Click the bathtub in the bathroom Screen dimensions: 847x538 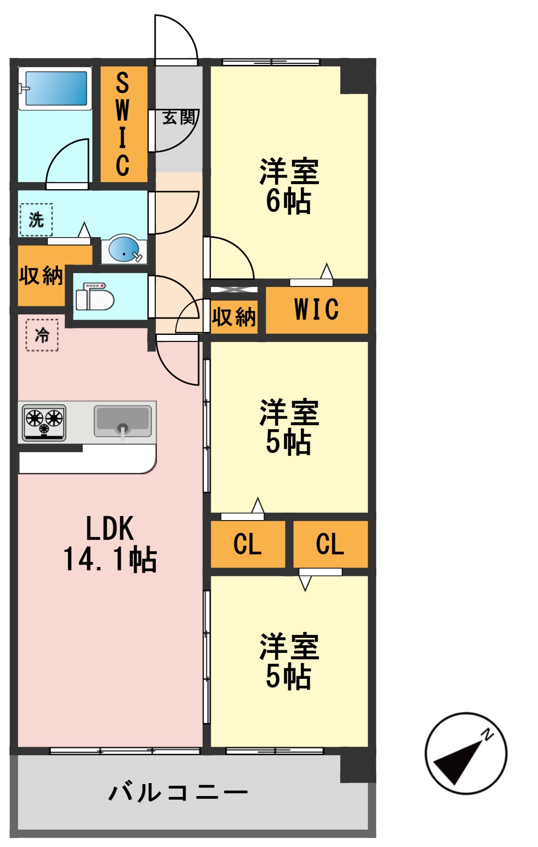coord(55,88)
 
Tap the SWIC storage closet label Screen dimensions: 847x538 coord(123,124)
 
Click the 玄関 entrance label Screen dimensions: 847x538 coord(178,118)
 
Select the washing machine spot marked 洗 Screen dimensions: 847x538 coord(36,220)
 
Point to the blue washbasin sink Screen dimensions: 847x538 coord(124,249)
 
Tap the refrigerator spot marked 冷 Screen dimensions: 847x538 coord(42,335)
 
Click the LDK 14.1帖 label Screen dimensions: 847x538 coord(110,544)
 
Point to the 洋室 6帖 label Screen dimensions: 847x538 coord(288,186)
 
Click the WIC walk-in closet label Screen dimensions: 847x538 coord(316,309)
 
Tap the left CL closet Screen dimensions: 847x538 coord(248,544)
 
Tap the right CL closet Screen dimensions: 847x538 coord(330,544)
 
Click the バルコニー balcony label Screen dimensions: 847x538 coord(178,793)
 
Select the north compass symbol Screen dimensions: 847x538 coord(466,753)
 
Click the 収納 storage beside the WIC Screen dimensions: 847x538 coord(234,316)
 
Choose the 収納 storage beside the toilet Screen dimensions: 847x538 coord(41,276)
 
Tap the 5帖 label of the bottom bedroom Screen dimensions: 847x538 coord(288,677)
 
